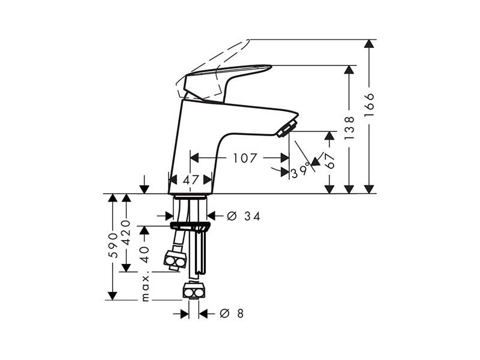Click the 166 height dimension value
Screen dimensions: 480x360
(x=369, y=104)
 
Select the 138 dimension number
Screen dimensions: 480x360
(x=349, y=128)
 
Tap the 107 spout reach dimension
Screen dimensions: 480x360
(x=245, y=158)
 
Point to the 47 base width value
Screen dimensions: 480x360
(x=191, y=180)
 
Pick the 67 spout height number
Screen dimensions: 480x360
(x=329, y=161)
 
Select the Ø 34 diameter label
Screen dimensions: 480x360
(x=244, y=217)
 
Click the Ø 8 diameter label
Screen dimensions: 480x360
(x=232, y=313)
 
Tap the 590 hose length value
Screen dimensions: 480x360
(x=113, y=245)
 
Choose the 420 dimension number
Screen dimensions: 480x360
(x=126, y=232)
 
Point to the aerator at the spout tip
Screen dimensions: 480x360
(x=287, y=128)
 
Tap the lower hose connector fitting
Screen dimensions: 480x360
(x=194, y=291)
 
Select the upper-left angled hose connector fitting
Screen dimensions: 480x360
(x=175, y=260)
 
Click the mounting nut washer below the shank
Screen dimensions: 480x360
(x=190, y=227)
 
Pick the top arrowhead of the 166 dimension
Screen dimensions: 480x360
(x=369, y=43)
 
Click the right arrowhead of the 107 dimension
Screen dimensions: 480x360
(x=285, y=158)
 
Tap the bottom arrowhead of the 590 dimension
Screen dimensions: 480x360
(x=113, y=296)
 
